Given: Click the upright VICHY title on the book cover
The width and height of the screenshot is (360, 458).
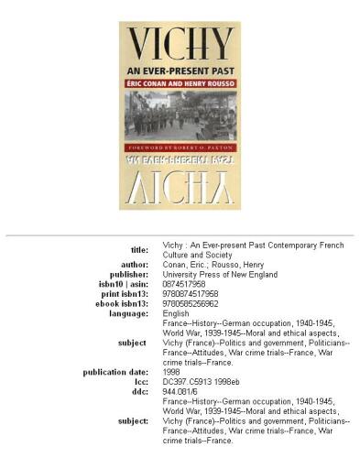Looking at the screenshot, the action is point(180,46).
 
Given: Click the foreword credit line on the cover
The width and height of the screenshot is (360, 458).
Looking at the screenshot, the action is point(180,147).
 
